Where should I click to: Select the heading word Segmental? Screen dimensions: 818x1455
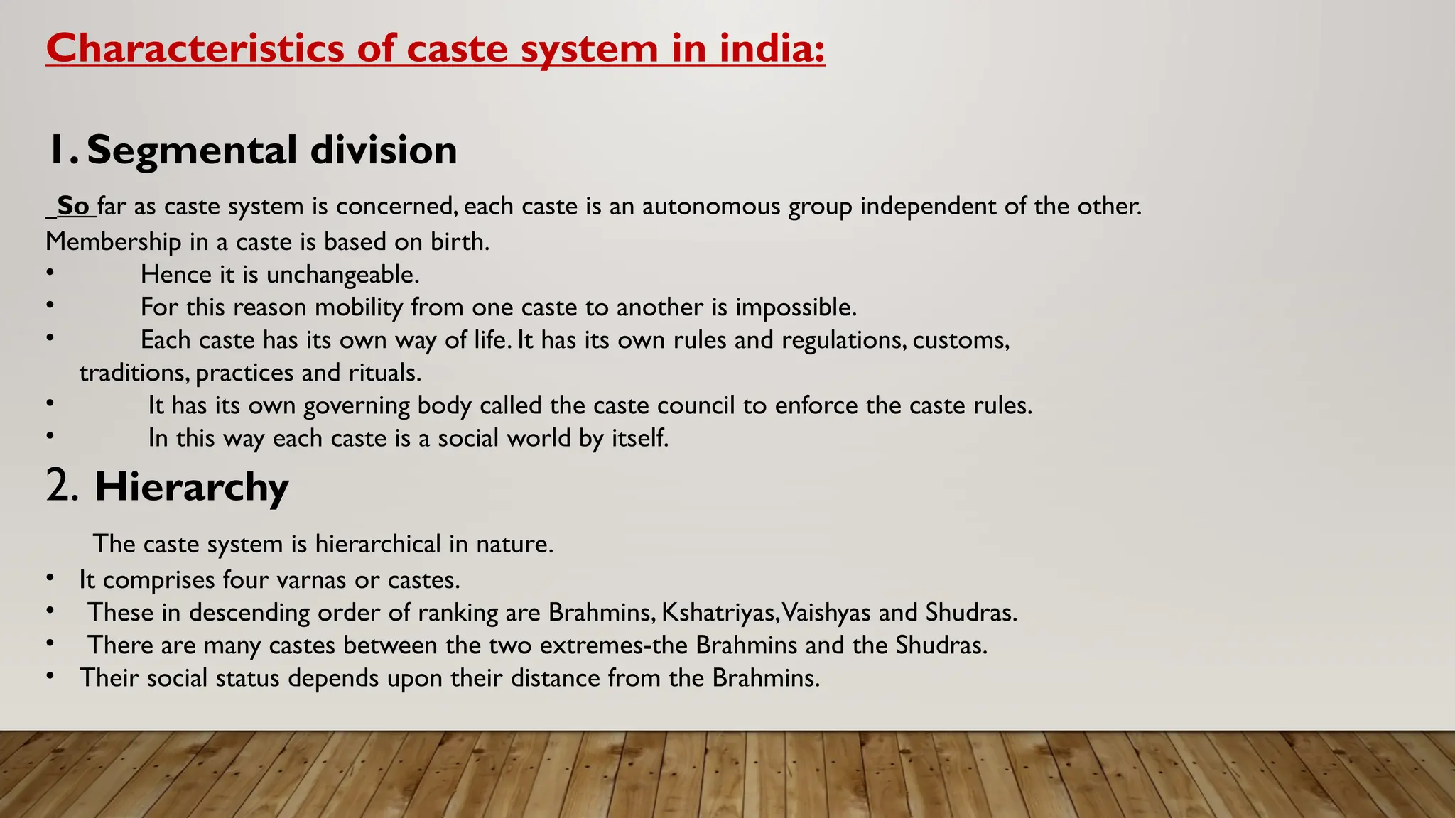click(x=192, y=151)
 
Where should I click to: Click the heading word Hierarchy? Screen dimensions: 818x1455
click(x=192, y=488)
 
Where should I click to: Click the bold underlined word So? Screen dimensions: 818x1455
click(x=72, y=206)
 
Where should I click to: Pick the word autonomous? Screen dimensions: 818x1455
click(x=711, y=206)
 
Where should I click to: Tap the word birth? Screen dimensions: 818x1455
click(x=460, y=241)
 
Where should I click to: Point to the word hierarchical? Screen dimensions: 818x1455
click(x=378, y=544)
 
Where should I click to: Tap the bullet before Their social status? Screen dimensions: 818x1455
click(x=50, y=675)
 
